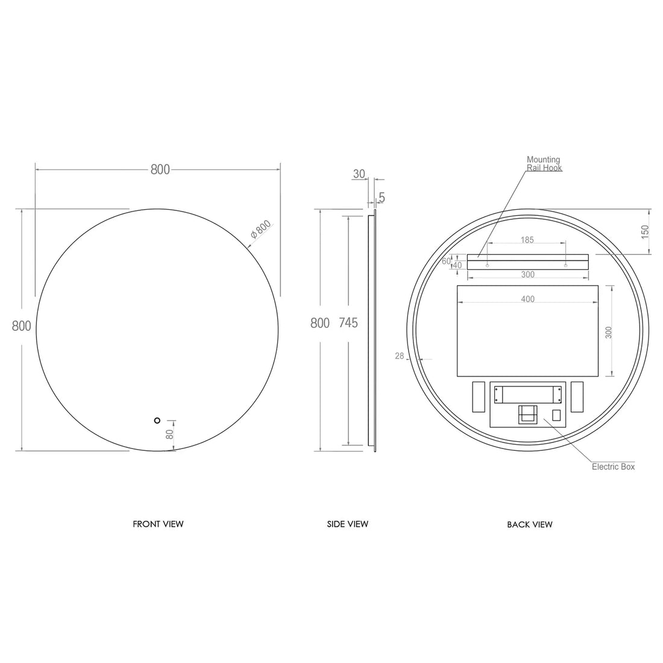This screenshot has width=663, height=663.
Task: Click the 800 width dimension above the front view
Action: click(x=160, y=170)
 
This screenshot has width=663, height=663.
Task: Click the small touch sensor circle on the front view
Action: click(x=157, y=420)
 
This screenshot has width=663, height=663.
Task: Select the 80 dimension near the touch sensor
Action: click(x=169, y=434)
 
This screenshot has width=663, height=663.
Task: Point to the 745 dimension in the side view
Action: click(x=348, y=323)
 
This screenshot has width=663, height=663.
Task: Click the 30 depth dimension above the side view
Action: click(x=359, y=174)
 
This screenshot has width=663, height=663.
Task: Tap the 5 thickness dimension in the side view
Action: click(x=382, y=198)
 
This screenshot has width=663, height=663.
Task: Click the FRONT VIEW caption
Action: click(x=158, y=524)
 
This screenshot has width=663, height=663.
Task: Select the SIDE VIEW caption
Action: click(x=348, y=524)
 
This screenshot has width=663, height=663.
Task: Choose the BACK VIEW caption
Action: click(x=530, y=524)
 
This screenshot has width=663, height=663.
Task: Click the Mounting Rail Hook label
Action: click(x=544, y=164)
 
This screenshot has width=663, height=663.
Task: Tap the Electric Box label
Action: click(x=613, y=467)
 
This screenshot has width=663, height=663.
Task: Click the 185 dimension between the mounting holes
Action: click(x=527, y=240)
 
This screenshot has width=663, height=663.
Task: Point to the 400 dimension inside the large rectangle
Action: click(x=527, y=299)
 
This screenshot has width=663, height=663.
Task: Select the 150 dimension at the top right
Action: click(x=645, y=231)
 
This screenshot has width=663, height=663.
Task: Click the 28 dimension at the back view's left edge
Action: click(x=400, y=356)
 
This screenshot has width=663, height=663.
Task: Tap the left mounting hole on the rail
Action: click(x=487, y=265)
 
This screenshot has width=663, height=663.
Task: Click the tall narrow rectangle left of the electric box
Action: click(x=479, y=397)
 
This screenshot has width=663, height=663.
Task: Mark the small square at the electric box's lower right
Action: click(x=556, y=415)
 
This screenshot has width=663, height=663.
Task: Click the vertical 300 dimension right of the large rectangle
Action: click(x=609, y=332)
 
